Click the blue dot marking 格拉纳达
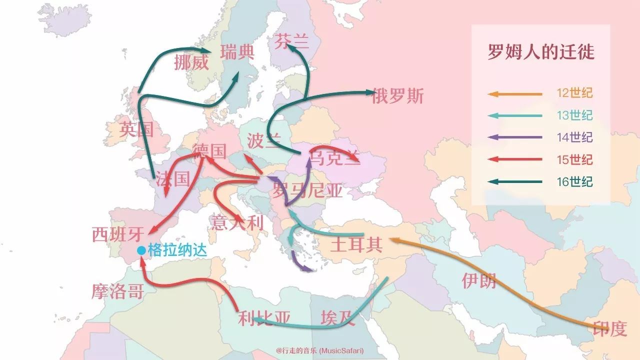coord(141,250)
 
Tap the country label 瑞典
coord(237,51)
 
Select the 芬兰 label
coord(291,42)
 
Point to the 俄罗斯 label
coord(397,96)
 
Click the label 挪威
coord(191,63)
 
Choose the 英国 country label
coord(136,130)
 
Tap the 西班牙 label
coord(118,234)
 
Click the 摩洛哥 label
coord(117,290)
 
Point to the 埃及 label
coord(338,318)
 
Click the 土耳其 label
coord(356,245)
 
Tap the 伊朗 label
coord(478,281)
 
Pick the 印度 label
coord(609,328)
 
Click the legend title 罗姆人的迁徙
coord(541,52)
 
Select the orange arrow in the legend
coord(515,93)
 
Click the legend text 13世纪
coord(575,115)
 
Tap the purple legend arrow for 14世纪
coord(515,137)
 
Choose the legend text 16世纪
coord(575,181)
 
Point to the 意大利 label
coord(237,222)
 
